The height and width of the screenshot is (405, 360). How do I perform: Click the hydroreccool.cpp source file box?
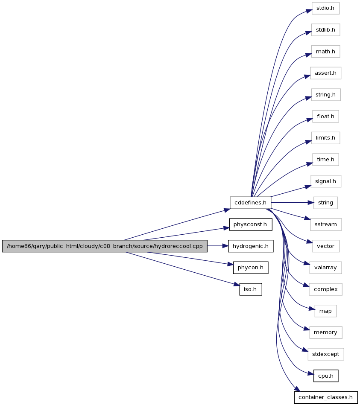(105, 246)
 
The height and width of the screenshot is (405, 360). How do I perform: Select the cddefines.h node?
(250, 203)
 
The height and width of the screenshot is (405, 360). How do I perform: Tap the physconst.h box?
(250, 224)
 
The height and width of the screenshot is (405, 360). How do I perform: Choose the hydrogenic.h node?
(250, 246)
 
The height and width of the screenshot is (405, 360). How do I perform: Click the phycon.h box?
(250, 268)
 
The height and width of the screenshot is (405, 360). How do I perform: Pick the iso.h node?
(250, 289)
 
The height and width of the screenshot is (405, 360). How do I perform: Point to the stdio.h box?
(325, 8)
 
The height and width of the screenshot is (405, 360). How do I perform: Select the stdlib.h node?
(325, 30)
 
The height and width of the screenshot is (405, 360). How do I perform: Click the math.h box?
(325, 52)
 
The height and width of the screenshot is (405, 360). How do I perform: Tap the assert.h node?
(325, 73)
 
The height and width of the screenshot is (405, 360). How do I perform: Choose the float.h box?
(325, 117)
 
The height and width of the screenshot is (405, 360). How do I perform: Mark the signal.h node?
(325, 181)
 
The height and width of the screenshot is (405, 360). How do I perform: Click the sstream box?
(326, 224)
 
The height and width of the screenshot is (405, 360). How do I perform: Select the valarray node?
(325, 268)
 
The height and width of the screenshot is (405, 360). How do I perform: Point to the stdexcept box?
(326, 354)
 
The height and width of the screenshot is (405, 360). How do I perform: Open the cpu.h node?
(326, 376)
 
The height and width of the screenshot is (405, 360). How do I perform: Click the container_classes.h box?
(326, 397)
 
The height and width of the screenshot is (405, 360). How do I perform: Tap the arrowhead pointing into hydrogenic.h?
(225, 246)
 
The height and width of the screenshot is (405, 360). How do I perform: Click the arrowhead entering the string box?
(310, 203)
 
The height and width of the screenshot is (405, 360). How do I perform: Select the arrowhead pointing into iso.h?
(237, 285)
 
